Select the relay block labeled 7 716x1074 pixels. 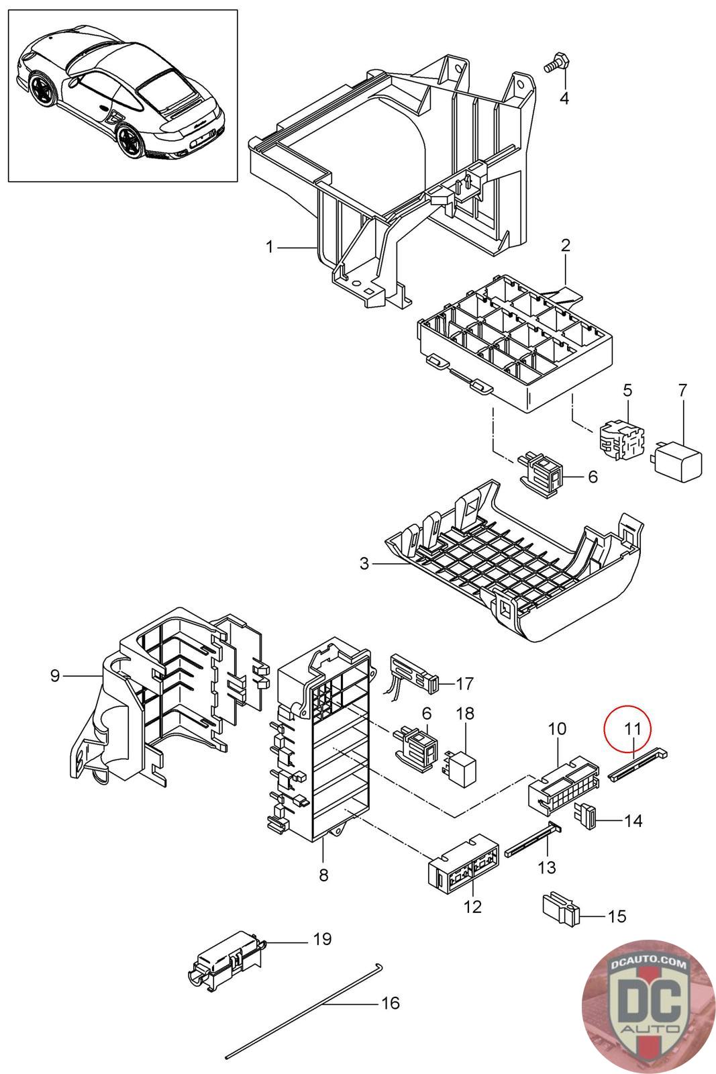678,462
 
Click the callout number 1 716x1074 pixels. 269,248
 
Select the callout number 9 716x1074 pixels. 55,675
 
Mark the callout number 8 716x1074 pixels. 323,875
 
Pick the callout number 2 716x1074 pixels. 565,246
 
